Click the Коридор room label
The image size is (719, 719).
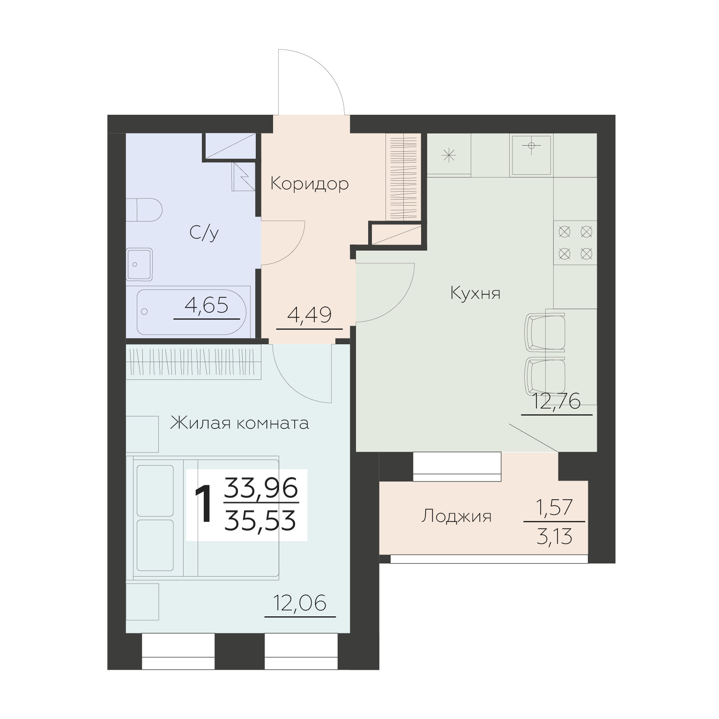point(310,184)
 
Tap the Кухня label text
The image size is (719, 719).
point(475,294)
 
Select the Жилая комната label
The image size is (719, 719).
point(239,423)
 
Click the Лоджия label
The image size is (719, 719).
point(456,517)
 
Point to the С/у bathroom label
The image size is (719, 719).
point(204,233)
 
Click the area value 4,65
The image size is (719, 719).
point(207,306)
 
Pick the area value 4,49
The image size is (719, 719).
point(310,315)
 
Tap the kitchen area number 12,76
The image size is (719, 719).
point(557,401)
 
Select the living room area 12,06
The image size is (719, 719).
point(300,603)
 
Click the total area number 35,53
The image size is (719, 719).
point(260,521)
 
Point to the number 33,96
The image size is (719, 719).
point(260,489)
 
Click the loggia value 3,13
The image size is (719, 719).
point(555,537)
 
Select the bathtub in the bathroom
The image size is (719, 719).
point(192,311)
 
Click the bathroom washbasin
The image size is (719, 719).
point(139,265)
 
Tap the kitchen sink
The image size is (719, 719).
point(532,155)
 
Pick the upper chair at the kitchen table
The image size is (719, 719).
point(545,333)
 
